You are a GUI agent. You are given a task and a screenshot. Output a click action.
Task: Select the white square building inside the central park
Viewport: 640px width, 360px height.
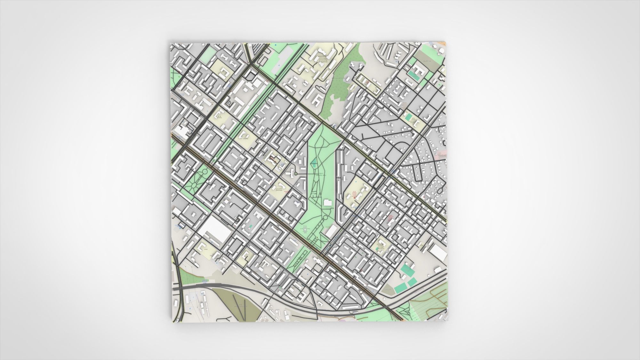[328, 203]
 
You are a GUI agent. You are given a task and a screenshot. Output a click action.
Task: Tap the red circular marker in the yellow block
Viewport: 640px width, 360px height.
[354, 198]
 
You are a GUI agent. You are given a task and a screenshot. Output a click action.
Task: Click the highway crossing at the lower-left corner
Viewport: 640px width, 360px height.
[180, 288]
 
